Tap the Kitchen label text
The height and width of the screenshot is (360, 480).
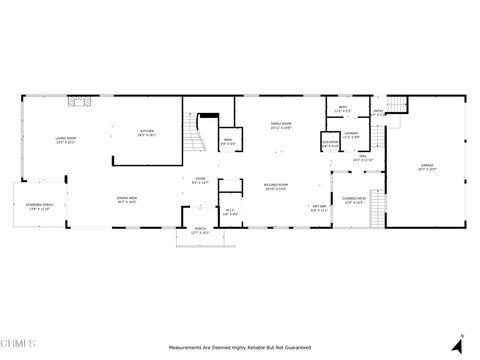tap(147, 132)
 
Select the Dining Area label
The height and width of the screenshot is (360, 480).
tap(127, 200)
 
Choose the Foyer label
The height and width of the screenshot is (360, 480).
tap(201, 181)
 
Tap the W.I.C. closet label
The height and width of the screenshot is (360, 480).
tap(230, 211)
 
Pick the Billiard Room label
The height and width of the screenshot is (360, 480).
tap(276, 187)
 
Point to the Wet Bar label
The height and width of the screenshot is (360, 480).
tap(318, 209)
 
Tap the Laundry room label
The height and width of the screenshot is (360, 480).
tap(352, 134)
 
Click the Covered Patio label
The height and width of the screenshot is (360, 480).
tap(355, 201)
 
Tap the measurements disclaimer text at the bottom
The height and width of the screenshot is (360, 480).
tap(239, 347)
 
